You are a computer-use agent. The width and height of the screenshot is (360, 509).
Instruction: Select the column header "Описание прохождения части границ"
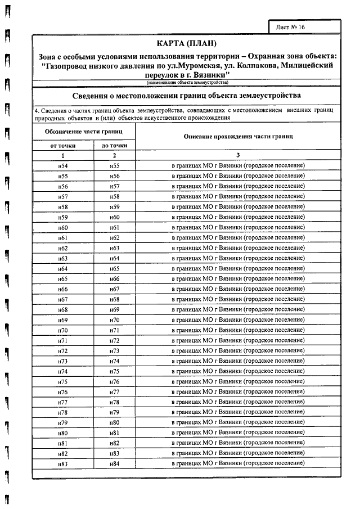[238, 137]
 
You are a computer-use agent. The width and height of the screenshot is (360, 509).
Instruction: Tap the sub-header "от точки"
[63, 145]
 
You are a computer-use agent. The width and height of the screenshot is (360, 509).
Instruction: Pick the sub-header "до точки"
[114, 145]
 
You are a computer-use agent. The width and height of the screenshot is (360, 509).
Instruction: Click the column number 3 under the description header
[238, 155]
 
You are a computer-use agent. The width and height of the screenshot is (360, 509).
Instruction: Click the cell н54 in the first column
[63, 166]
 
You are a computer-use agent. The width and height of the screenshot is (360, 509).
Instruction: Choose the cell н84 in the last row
[114, 463]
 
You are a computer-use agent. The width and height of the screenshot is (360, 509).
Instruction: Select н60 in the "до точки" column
[114, 217]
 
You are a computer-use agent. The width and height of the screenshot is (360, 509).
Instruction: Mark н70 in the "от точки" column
[63, 330]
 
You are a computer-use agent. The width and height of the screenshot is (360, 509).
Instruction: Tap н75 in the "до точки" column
[114, 371]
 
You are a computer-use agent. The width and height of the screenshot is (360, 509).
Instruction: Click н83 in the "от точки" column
[63, 463]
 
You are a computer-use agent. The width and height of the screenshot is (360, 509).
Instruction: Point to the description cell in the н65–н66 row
[238, 278]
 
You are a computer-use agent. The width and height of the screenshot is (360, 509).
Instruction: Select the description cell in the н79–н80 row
[238, 422]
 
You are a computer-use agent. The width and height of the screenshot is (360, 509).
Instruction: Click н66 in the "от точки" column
[63, 289]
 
